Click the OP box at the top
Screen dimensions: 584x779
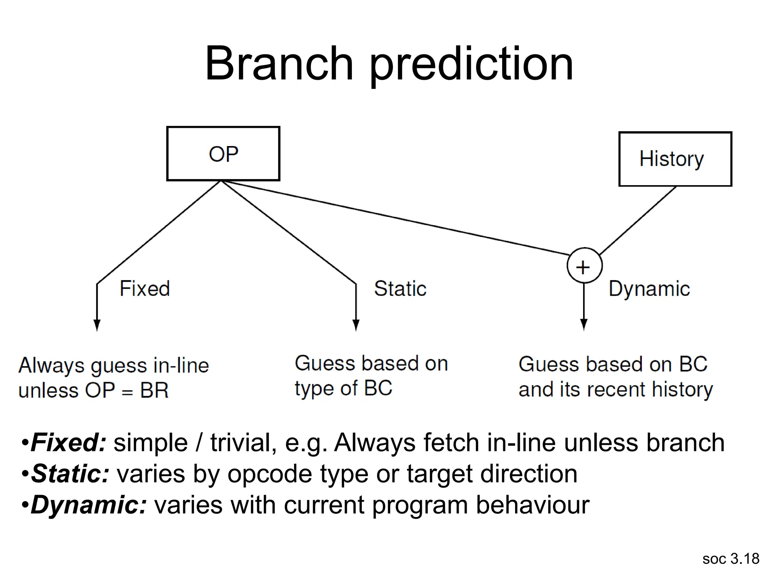223,154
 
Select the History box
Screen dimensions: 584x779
675,159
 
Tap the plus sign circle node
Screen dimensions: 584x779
584,266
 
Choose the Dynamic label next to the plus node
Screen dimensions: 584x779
649,289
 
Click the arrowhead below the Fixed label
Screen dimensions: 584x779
97,325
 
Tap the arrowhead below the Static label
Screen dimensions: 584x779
356,325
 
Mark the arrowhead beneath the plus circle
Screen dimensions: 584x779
584,325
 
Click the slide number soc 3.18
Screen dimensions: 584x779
731,559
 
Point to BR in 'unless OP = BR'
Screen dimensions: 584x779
154,390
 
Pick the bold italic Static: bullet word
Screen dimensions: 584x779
70,474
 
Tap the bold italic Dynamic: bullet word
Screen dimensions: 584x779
88,505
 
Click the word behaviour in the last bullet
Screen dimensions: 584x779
533,505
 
